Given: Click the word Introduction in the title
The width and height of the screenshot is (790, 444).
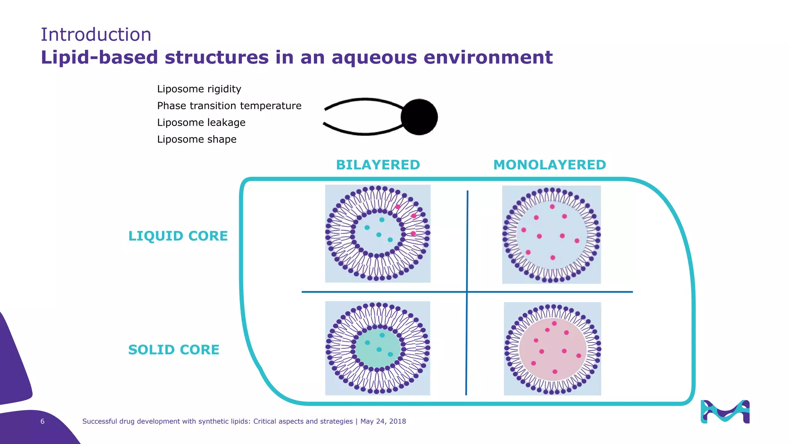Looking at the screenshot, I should tap(96, 35).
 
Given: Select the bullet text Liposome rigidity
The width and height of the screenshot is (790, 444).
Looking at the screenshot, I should tap(199, 89).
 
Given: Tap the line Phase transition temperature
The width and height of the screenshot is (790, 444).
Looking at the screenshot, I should tap(229, 106).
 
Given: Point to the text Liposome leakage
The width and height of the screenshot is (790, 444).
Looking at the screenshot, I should tap(201, 123).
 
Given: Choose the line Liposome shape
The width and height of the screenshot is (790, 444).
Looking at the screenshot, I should tap(197, 139).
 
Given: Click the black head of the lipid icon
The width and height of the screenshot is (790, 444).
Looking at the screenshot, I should tap(419, 117).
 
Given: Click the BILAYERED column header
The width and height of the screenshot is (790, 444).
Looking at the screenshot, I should tap(378, 165).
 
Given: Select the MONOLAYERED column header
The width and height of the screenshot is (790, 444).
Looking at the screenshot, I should tap(549, 165).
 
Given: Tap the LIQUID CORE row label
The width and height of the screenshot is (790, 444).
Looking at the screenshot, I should tap(178, 236).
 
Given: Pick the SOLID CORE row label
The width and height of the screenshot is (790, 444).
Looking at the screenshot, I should tap(174, 350).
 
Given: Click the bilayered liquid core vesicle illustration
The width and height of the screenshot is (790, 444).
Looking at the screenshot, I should tap(378, 234).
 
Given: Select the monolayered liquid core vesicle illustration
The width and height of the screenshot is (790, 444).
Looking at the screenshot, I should tap(551, 234).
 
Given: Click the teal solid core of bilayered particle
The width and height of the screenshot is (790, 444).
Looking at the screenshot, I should tap(377, 348).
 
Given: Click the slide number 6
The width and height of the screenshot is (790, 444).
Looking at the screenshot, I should tap(42, 421).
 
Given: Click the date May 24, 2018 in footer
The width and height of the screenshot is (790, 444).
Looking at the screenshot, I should tap(383, 421).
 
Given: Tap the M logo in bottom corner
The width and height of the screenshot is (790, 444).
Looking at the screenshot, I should tap(725, 412).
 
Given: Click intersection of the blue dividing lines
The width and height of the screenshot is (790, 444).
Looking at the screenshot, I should tap(467, 292).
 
